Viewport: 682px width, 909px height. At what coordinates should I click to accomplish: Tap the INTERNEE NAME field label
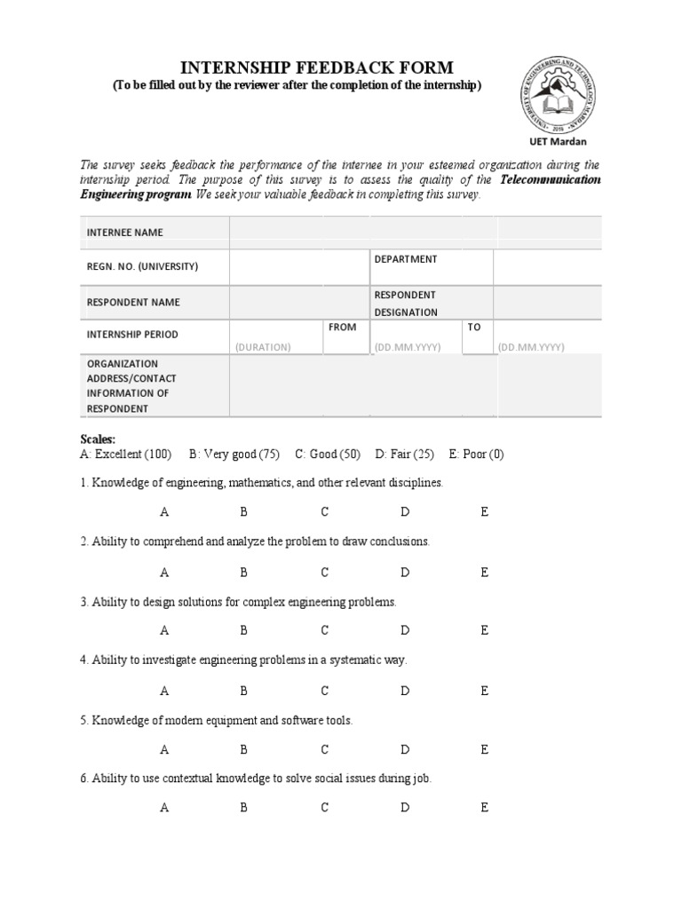(x=124, y=233)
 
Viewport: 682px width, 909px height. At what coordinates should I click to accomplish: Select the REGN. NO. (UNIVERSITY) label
(x=142, y=266)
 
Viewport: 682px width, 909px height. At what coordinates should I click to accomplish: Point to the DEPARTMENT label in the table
(x=405, y=259)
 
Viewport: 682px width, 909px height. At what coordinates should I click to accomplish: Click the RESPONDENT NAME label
(x=133, y=302)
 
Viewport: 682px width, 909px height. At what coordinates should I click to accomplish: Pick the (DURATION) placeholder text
(x=263, y=347)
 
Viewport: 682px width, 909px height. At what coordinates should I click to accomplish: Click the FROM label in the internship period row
(x=342, y=327)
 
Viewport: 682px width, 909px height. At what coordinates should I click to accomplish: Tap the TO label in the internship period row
(x=474, y=327)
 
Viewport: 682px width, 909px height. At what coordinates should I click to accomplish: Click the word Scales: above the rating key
(x=98, y=439)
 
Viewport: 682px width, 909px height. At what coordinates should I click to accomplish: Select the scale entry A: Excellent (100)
(x=125, y=454)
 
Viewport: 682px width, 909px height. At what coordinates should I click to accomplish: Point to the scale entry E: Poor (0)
(x=476, y=454)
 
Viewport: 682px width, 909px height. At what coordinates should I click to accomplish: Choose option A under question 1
(x=164, y=512)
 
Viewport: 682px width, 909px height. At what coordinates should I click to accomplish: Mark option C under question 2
(x=325, y=572)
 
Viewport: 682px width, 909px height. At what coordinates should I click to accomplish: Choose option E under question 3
(x=484, y=630)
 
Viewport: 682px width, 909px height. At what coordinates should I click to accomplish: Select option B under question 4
(x=243, y=690)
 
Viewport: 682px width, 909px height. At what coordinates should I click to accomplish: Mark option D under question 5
(x=405, y=749)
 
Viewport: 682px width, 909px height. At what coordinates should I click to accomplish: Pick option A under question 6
(x=164, y=808)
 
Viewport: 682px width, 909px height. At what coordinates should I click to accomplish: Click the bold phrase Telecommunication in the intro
(x=551, y=180)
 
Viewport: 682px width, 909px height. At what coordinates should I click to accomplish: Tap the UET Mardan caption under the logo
(x=557, y=140)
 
